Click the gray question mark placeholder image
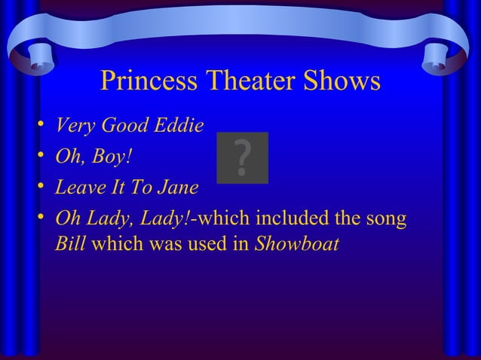(x=242, y=157)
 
